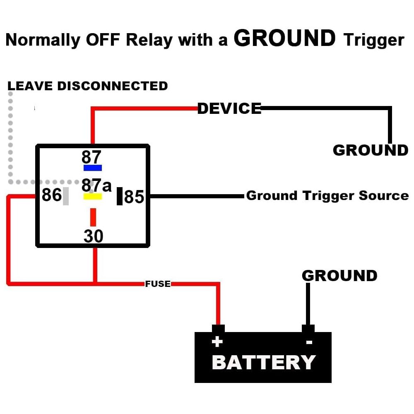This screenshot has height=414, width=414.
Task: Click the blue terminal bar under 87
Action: click(93, 168)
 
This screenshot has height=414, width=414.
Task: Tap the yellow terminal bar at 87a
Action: click(93, 196)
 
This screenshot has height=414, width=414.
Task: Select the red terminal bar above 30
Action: click(93, 217)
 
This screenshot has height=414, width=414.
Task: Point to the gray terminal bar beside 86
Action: click(66, 196)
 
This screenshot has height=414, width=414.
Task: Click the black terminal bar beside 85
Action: click(120, 196)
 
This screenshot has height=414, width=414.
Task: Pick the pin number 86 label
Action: click(52, 195)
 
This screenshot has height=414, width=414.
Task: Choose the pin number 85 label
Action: click(134, 197)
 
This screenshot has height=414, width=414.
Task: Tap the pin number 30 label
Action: click(94, 236)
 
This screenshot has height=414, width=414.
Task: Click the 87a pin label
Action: click(96, 185)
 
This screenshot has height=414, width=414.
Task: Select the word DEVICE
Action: click(229, 108)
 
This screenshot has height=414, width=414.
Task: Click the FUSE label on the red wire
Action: click(158, 284)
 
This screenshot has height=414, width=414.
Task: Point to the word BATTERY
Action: click(264, 362)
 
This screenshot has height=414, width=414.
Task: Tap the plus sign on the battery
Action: click(217, 342)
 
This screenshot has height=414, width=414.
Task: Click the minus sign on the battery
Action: click(309, 342)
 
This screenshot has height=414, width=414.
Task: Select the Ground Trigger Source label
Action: click(327, 196)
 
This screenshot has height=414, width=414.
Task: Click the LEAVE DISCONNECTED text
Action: click(88, 86)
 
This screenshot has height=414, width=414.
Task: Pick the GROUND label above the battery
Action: click(339, 276)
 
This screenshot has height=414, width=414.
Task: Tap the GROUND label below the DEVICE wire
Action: click(371, 150)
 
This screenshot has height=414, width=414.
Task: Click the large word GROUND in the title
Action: click(285, 38)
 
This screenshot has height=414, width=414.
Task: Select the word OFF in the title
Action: click(103, 40)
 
